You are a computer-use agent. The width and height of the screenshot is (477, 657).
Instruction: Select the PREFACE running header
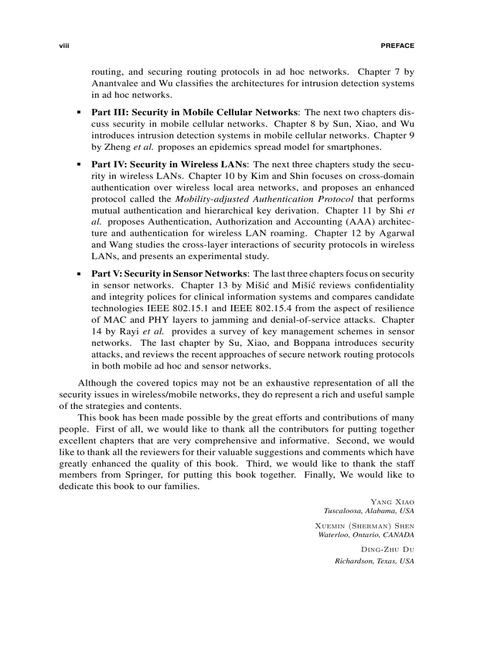[397, 46]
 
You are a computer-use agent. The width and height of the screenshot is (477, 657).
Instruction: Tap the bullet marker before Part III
[78, 112]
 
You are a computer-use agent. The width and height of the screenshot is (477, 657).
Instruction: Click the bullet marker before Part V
[78, 274]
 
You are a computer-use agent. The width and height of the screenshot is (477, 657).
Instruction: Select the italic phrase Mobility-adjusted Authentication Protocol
[264, 199]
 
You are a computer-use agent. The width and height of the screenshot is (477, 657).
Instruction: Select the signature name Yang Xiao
[392, 502]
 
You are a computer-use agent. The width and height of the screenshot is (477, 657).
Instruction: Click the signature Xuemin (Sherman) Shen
[364, 526]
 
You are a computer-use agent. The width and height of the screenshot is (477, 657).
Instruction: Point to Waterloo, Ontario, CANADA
[366, 535]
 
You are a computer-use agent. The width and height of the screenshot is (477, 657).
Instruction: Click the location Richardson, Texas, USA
[374, 561]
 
